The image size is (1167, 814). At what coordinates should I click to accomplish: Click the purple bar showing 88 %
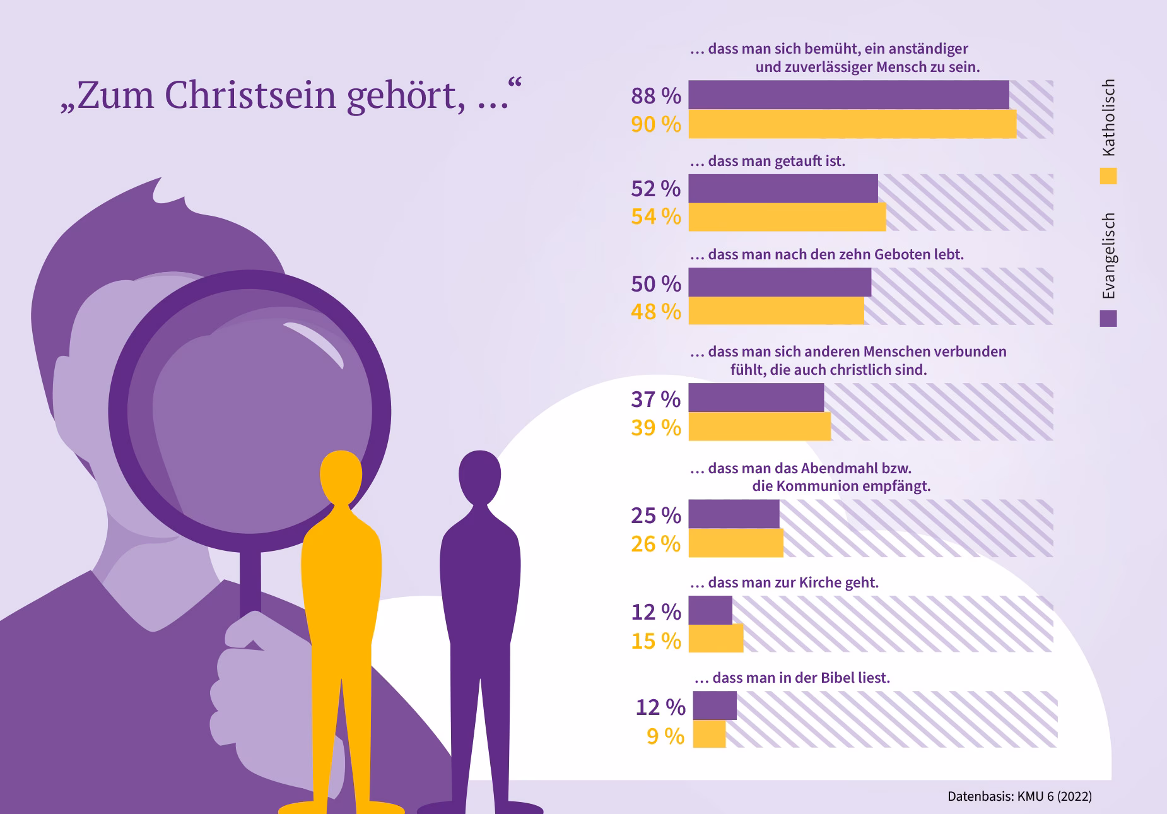(x=848, y=95)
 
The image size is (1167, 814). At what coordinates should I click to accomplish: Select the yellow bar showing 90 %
(x=852, y=124)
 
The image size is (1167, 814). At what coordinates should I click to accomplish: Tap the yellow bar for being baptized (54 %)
(x=787, y=217)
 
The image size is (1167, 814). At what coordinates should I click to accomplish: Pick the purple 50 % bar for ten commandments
(x=780, y=283)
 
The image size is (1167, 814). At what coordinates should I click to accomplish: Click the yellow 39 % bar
(x=759, y=427)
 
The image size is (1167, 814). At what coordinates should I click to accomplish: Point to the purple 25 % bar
(x=734, y=514)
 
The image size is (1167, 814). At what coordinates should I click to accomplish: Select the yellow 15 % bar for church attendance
(x=716, y=639)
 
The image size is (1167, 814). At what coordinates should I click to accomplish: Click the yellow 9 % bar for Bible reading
(x=709, y=734)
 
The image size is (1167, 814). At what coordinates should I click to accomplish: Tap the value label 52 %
(x=655, y=189)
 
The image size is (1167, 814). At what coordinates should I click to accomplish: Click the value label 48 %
(x=655, y=312)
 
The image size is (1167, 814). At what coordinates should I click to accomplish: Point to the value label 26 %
(x=655, y=544)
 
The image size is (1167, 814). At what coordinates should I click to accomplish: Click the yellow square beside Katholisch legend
(x=1108, y=176)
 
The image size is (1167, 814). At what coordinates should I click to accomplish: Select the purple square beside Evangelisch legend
(x=1108, y=319)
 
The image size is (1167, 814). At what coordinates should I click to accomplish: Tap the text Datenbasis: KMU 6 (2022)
(x=1019, y=796)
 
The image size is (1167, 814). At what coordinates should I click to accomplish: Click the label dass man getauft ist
(x=767, y=161)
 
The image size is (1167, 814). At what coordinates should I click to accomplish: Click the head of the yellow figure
(x=341, y=476)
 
